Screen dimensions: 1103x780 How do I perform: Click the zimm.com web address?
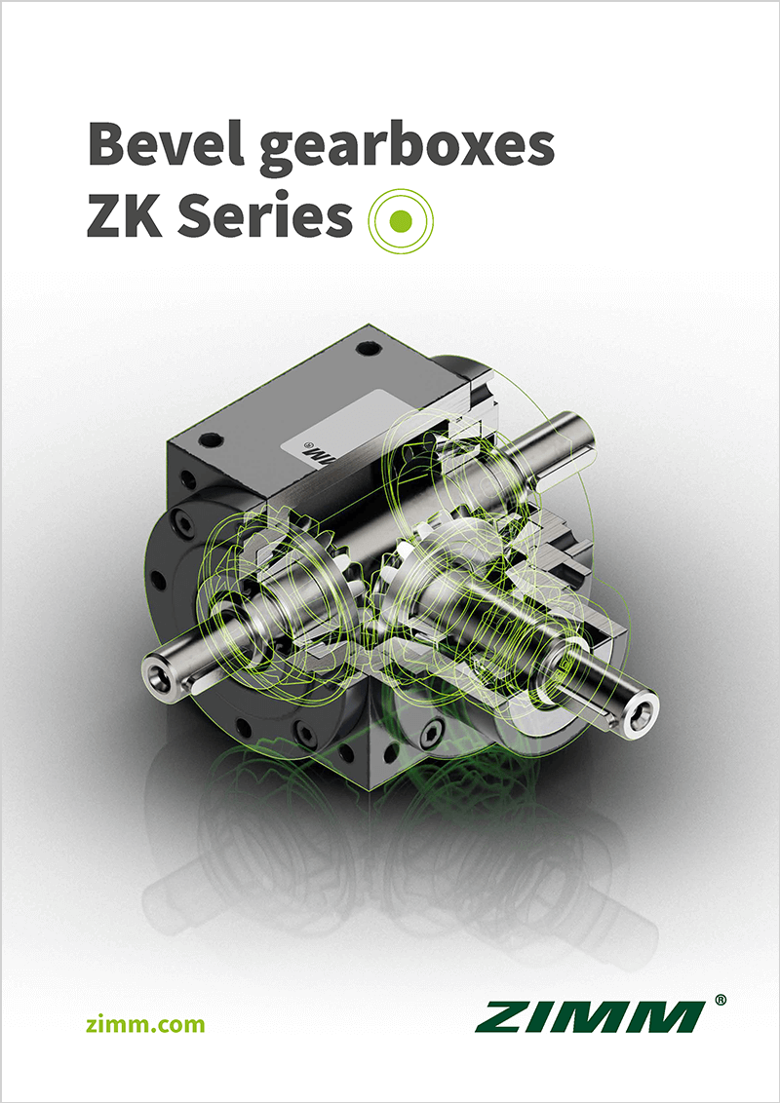(146, 1023)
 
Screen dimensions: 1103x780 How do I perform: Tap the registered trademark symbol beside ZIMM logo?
(720, 1001)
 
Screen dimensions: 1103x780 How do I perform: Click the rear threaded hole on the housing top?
(367, 347)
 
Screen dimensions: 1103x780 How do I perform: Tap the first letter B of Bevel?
(107, 143)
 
